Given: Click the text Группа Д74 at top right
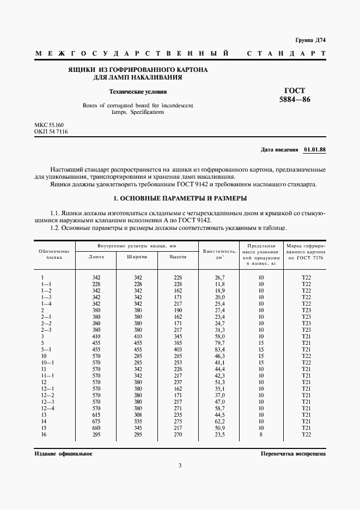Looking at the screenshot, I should point(310,40).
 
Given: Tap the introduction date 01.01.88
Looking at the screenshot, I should point(315,149).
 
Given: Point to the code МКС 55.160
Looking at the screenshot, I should point(49,125).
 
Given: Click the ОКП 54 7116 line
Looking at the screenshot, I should point(51,132).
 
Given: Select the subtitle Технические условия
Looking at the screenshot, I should point(138,92).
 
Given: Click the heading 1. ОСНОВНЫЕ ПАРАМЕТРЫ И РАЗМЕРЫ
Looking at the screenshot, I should point(180,198).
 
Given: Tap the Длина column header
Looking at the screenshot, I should point(96,256).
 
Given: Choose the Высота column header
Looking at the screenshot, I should point(178,256).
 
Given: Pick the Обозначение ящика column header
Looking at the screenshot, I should point(53,253).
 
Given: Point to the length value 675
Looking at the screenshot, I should point(96,421).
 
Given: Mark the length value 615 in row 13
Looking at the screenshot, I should point(96,415).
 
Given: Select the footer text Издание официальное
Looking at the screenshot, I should point(63,453).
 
